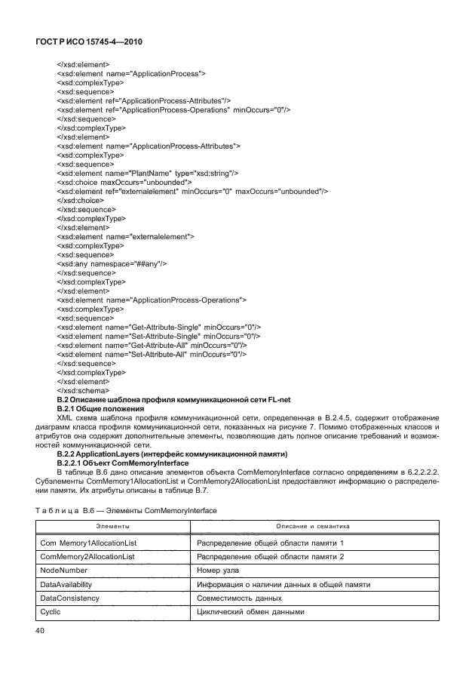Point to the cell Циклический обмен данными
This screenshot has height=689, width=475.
[250, 611]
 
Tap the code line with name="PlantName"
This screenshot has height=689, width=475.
[148, 173]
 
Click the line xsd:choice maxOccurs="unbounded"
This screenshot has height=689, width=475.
[124, 182]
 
